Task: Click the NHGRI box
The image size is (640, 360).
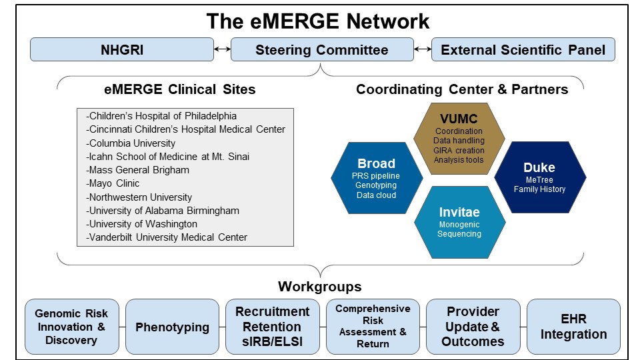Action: (x=122, y=50)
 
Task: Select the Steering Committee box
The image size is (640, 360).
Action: (x=322, y=50)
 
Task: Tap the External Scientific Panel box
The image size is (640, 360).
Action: (x=523, y=50)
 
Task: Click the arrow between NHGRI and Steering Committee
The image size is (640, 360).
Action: (x=223, y=49)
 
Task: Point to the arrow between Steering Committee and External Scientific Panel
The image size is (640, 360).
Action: (x=423, y=49)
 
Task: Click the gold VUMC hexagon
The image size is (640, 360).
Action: (x=459, y=139)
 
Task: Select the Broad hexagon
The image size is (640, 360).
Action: (x=377, y=178)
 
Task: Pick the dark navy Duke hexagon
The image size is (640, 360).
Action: (x=540, y=177)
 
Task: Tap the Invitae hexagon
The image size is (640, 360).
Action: (x=459, y=222)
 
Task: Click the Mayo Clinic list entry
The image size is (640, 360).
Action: (x=113, y=183)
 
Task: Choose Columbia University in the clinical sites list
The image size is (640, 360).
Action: (x=131, y=143)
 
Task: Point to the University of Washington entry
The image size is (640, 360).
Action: (x=141, y=224)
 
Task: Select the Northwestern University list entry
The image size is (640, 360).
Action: (x=139, y=197)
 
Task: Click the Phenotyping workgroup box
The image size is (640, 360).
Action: (x=172, y=327)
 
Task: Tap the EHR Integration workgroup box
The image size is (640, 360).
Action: (x=573, y=327)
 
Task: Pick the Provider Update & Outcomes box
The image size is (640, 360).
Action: (x=473, y=327)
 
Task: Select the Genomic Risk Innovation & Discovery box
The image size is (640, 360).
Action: (x=72, y=327)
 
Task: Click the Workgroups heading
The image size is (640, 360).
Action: (x=320, y=287)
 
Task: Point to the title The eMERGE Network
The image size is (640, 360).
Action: (x=318, y=21)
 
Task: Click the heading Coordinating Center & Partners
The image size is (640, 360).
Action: (x=462, y=89)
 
